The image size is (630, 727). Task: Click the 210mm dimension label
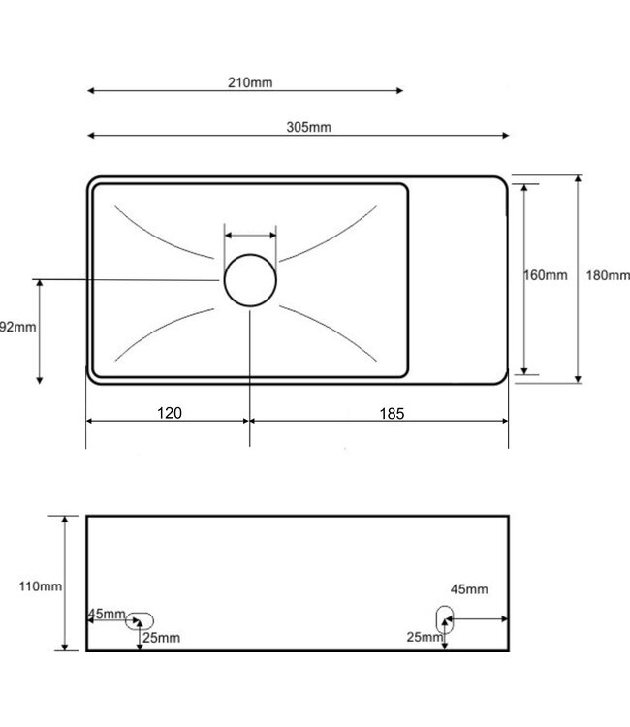[250, 82]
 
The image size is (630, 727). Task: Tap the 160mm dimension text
[546, 275]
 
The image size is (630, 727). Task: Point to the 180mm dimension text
[608, 275]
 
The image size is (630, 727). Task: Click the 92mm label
[17, 327]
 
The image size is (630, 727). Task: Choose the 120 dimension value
[170, 412]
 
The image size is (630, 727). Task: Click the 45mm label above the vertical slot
[469, 589]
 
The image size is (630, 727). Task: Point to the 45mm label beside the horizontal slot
[106, 614]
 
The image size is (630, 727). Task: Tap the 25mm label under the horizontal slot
[161, 637]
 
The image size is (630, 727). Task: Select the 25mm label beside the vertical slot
[425, 636]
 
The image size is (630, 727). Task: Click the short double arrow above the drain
[251, 234]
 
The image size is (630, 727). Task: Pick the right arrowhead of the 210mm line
[399, 91]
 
